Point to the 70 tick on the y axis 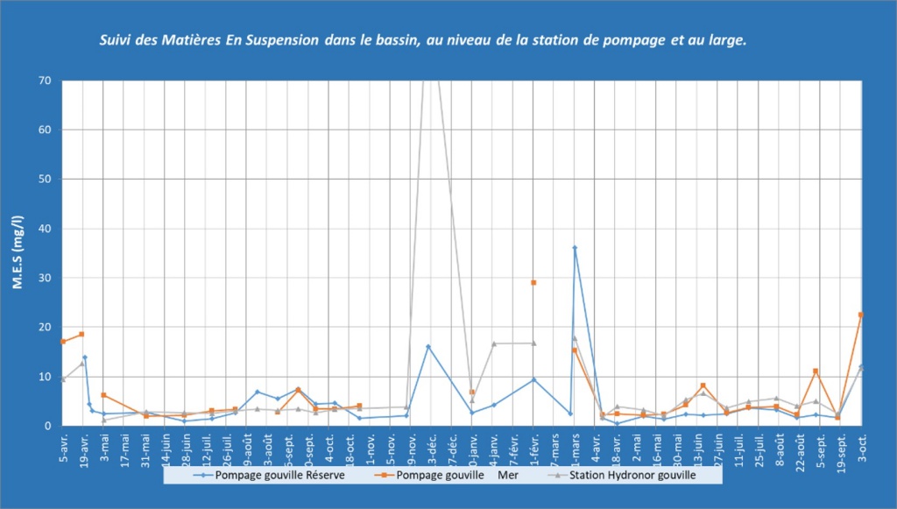pos(45,81)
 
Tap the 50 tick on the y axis pos(45,180)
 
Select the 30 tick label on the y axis pos(45,279)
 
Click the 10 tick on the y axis pos(45,377)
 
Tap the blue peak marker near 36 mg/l pos(575,248)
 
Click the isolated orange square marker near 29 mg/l pos(533,283)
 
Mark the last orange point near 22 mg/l pos(861,315)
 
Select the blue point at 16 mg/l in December pos(428,347)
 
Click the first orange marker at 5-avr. pos(63,342)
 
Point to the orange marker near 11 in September pos(816,371)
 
